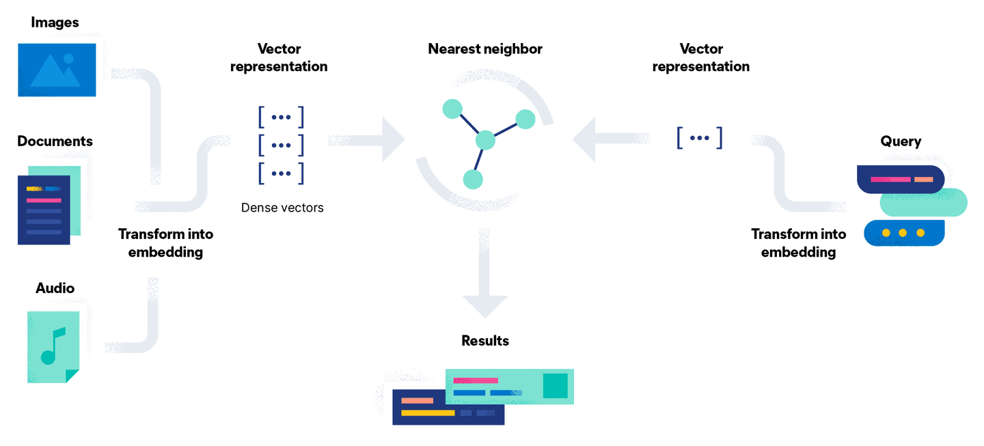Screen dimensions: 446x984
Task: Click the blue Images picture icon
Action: (x=57, y=70)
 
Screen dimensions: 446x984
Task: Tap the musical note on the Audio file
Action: (x=52, y=346)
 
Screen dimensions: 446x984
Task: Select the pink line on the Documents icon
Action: (x=44, y=200)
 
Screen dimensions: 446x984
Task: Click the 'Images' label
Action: (x=55, y=23)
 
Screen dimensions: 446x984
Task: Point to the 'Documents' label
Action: (x=55, y=141)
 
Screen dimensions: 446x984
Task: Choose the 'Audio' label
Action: (x=55, y=288)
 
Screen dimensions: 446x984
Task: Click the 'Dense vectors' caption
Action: (x=282, y=207)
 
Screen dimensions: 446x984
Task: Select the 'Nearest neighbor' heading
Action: (x=485, y=49)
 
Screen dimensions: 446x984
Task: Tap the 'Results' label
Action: (x=485, y=341)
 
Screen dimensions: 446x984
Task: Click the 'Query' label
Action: (x=901, y=141)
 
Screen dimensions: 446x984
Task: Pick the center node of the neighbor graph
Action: (x=484, y=139)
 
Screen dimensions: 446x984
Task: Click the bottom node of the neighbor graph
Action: (x=473, y=179)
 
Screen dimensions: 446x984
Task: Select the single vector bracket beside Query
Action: (x=700, y=137)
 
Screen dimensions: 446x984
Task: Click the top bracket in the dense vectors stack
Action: (x=281, y=117)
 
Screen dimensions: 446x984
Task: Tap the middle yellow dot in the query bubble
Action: (x=903, y=233)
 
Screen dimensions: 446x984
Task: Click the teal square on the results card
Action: (x=555, y=385)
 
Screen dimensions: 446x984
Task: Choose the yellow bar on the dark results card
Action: (x=428, y=413)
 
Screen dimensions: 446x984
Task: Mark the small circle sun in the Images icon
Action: (x=68, y=59)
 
